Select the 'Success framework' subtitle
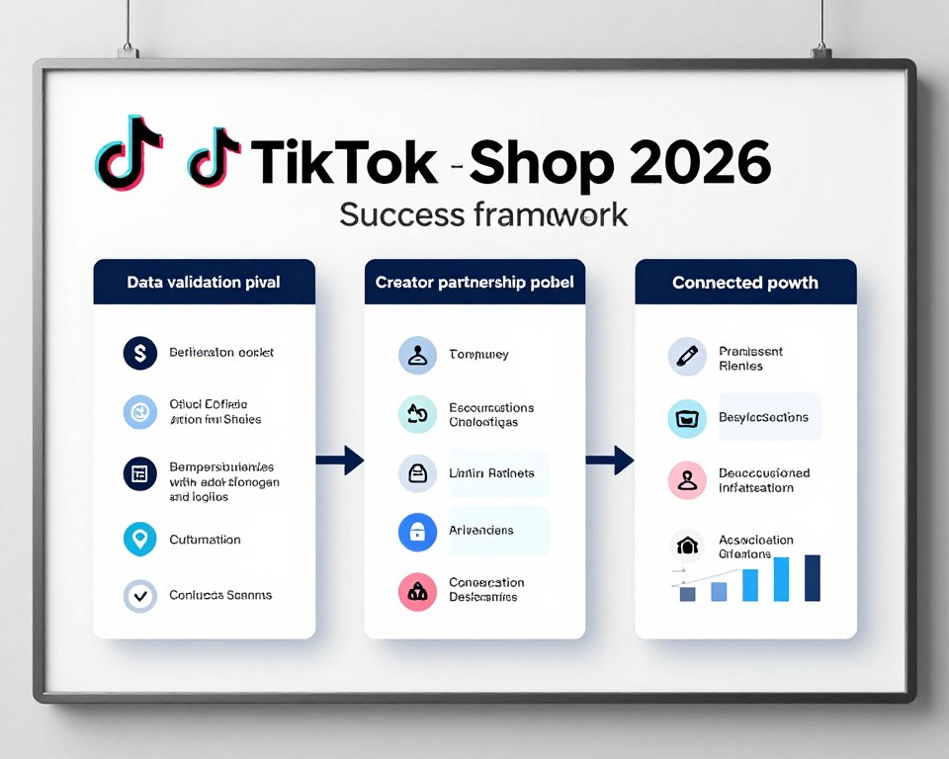click(x=483, y=213)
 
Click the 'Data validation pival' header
click(x=204, y=283)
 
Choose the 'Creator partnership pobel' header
click(x=474, y=283)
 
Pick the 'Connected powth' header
click(x=745, y=283)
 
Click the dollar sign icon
click(x=140, y=353)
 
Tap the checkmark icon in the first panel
click(x=140, y=596)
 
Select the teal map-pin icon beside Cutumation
click(x=140, y=540)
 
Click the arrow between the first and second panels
click(x=340, y=459)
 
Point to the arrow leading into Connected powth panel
click(x=610, y=459)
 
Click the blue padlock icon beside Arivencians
click(x=416, y=531)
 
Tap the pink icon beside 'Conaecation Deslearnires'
click(x=416, y=591)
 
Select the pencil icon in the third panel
click(x=686, y=357)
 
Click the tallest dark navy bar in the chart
click(x=813, y=578)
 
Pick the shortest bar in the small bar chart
click(x=688, y=594)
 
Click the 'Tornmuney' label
click(x=478, y=354)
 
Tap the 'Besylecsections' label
click(x=764, y=417)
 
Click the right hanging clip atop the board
click(x=820, y=49)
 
